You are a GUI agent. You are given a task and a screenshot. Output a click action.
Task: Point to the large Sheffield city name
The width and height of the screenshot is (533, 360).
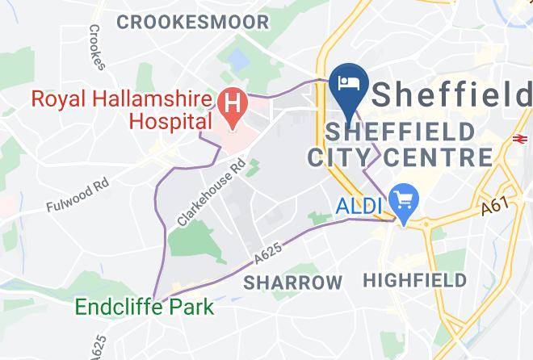click(452, 95)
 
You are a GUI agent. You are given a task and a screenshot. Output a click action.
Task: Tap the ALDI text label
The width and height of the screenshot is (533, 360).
click(358, 207)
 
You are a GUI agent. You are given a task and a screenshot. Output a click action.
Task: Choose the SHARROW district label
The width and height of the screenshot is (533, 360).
click(293, 283)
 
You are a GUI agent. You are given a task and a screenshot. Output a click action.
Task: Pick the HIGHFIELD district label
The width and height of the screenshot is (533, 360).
click(414, 281)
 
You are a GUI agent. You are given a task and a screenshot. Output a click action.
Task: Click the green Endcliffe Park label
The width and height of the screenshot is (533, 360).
click(145, 307)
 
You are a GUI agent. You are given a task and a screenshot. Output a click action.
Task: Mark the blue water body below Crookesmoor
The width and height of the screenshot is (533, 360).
click(239, 59)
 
